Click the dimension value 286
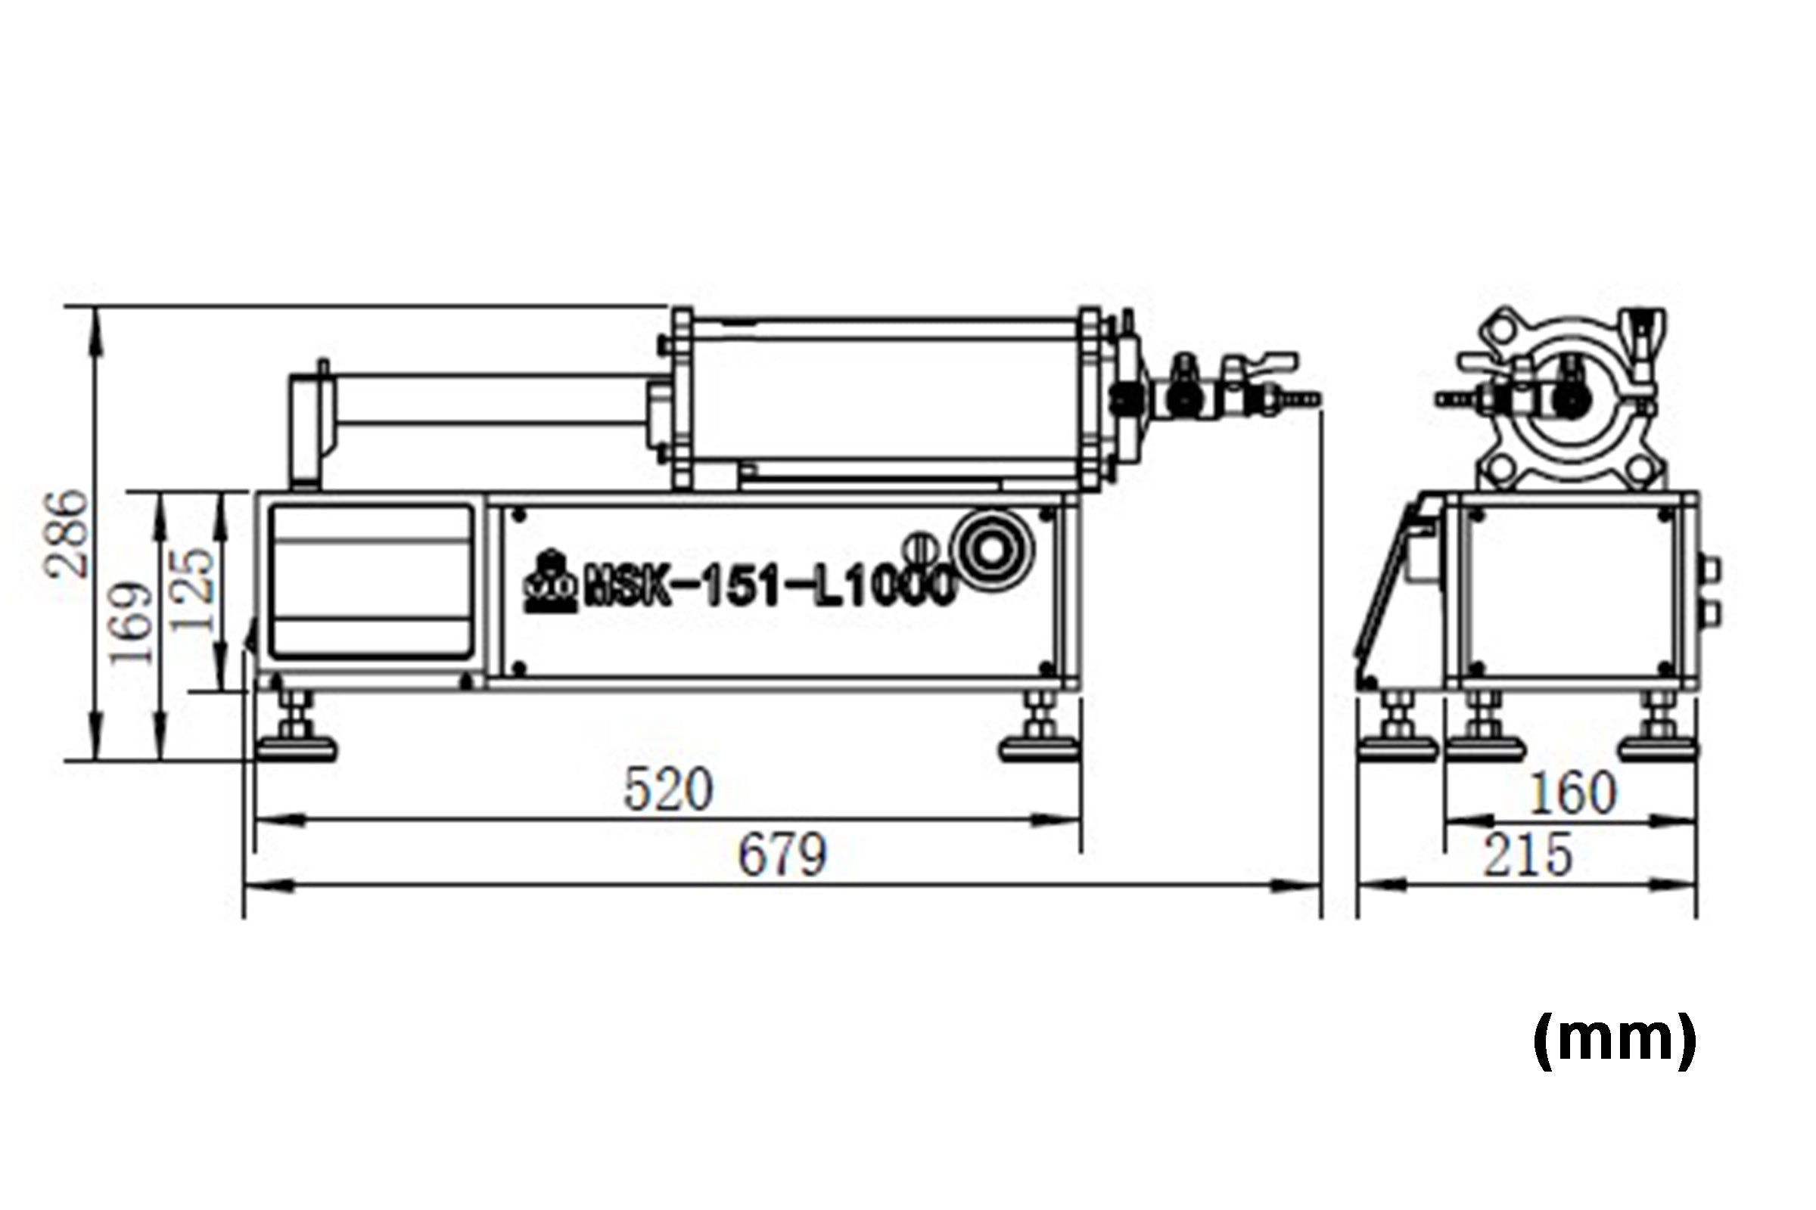coord(67,532)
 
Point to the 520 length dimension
coord(668,790)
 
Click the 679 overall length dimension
coord(782,855)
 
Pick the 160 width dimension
coord(1572,793)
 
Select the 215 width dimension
coord(1527,855)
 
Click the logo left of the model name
coord(549,582)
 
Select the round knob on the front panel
coord(991,551)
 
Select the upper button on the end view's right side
coord(1711,569)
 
